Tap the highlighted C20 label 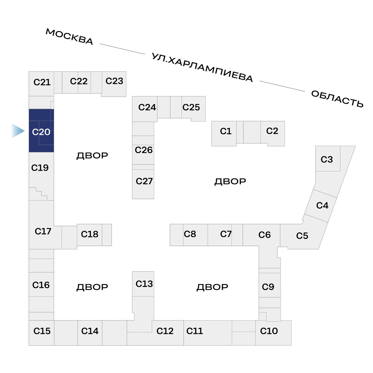pyautogui.click(x=41, y=132)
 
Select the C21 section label pyautogui.click(x=42, y=82)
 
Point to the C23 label pyautogui.click(x=114, y=81)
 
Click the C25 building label pyautogui.click(x=191, y=107)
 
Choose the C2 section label pyautogui.click(x=272, y=131)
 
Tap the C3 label pyautogui.click(x=327, y=159)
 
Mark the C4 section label pyautogui.click(x=322, y=205)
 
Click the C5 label pyautogui.click(x=302, y=236)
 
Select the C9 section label pyautogui.click(x=268, y=287)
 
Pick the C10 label pyautogui.click(x=269, y=331)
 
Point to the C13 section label pyautogui.click(x=144, y=284)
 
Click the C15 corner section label pyautogui.click(x=42, y=331)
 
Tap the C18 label pyautogui.click(x=90, y=234)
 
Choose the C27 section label pyautogui.click(x=144, y=181)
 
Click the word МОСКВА pyautogui.click(x=69, y=37)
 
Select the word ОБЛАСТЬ pyautogui.click(x=337, y=99)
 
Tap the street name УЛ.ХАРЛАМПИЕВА pyautogui.click(x=202, y=67)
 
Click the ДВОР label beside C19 pyautogui.click(x=92, y=156)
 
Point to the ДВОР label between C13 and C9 pyautogui.click(x=212, y=287)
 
